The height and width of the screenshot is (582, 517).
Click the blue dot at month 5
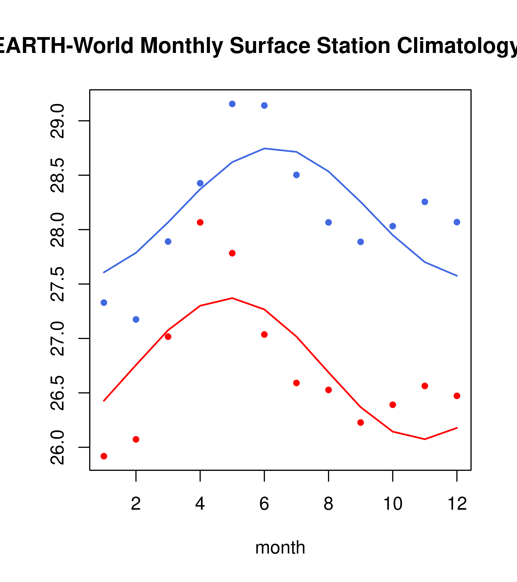pos(232,104)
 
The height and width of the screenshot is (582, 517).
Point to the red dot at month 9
pos(360,423)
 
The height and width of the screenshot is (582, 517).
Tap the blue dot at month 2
pos(136,319)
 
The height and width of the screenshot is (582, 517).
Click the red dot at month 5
pos(232,253)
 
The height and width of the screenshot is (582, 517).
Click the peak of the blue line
pos(264,148)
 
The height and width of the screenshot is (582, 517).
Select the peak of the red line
pos(232,298)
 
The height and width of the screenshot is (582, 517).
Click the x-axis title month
pos(280,547)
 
